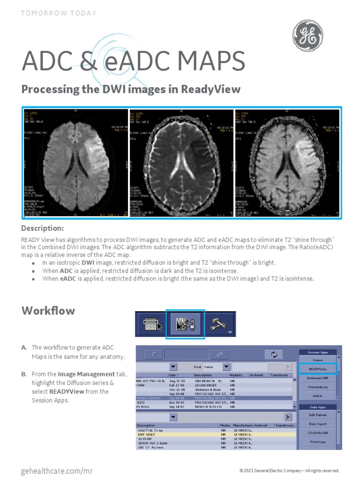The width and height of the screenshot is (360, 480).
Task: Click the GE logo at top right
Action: pos(307,36)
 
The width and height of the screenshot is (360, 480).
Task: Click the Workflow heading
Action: pos(48,311)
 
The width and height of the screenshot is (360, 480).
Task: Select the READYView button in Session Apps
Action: pos(318,369)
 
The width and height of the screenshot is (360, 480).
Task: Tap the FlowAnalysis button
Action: pos(318,387)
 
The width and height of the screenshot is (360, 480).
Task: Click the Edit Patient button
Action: pos(318,415)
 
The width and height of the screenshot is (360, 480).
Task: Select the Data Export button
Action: pos(318,424)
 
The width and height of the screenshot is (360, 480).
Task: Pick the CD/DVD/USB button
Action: pos(318,433)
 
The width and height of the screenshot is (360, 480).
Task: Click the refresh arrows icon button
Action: pos(274,355)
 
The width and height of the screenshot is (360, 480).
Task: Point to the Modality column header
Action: pos(236,375)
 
